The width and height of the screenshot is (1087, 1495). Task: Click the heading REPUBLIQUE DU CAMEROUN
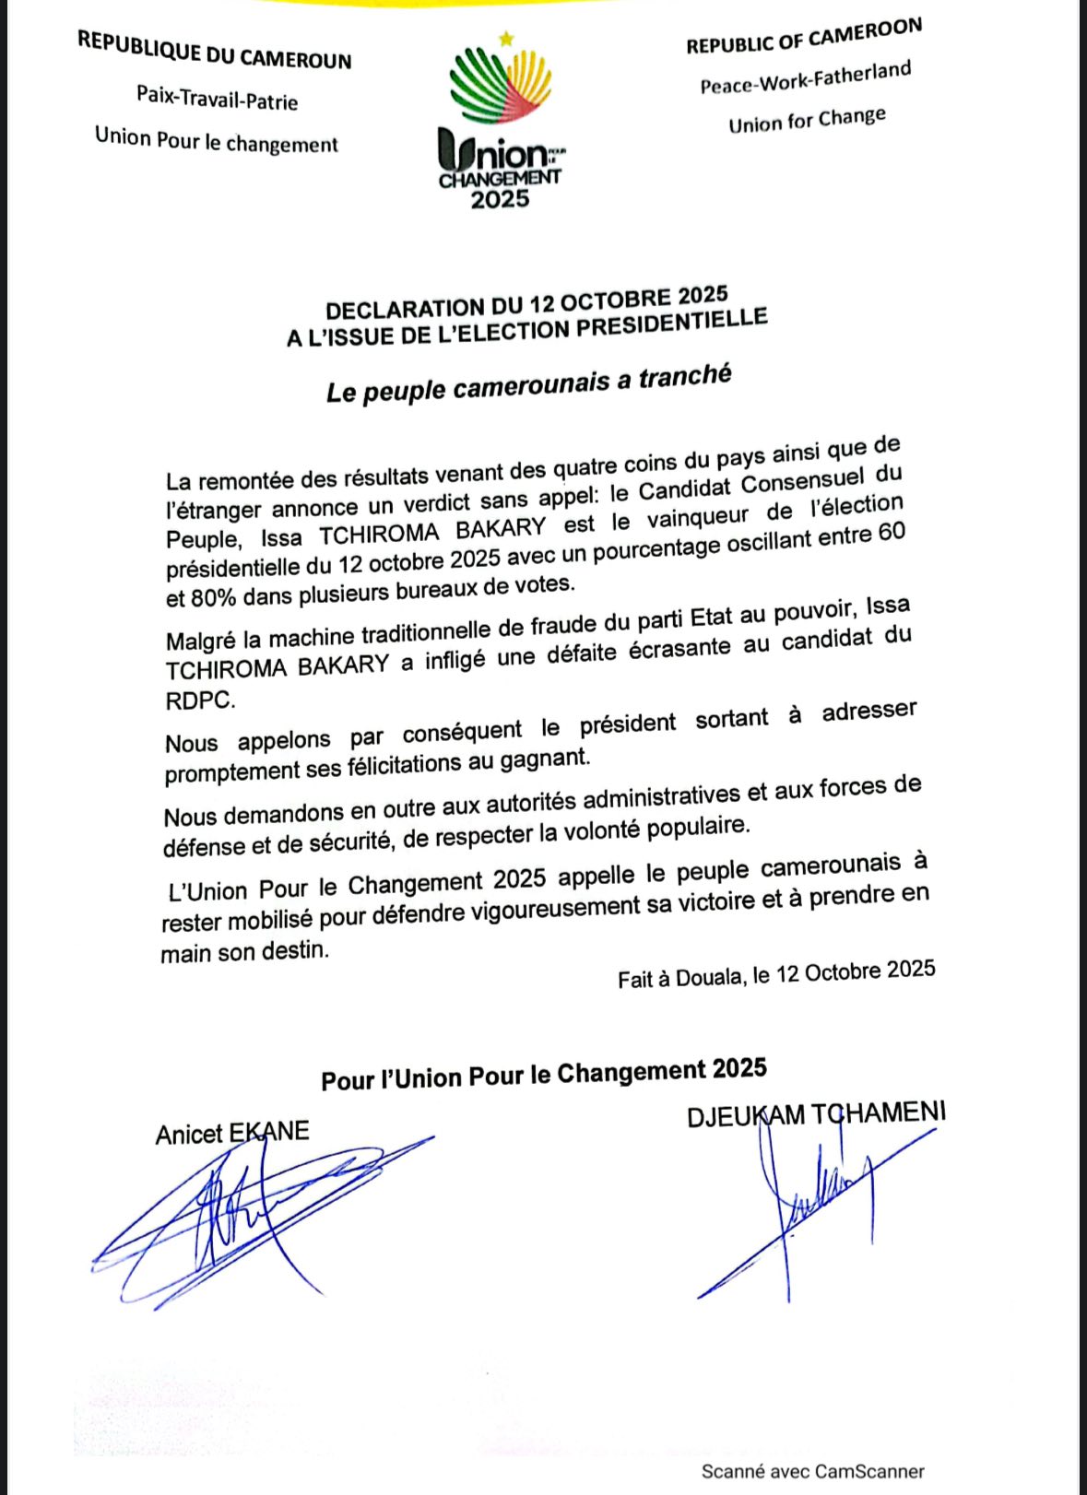(214, 50)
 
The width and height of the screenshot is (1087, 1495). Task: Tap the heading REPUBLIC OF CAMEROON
(803, 37)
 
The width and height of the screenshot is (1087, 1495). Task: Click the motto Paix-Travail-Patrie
(217, 96)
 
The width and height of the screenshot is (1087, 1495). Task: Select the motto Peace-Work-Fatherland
(805, 77)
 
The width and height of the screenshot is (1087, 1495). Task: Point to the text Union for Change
(807, 120)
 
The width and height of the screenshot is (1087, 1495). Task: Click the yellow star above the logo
(505, 39)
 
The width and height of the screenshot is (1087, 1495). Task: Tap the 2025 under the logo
(500, 198)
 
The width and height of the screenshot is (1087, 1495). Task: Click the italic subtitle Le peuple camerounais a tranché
(528, 383)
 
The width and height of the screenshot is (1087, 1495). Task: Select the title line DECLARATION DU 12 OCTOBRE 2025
(526, 302)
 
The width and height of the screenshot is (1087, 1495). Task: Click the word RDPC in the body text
(200, 700)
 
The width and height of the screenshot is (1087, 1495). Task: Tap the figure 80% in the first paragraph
(212, 597)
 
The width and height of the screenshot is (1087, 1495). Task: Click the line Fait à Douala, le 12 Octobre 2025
(776, 974)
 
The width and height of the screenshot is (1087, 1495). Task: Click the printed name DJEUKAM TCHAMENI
(816, 1114)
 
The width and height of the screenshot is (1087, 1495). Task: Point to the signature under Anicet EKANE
(249, 1217)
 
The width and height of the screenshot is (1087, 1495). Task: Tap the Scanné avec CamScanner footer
(812, 1471)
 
